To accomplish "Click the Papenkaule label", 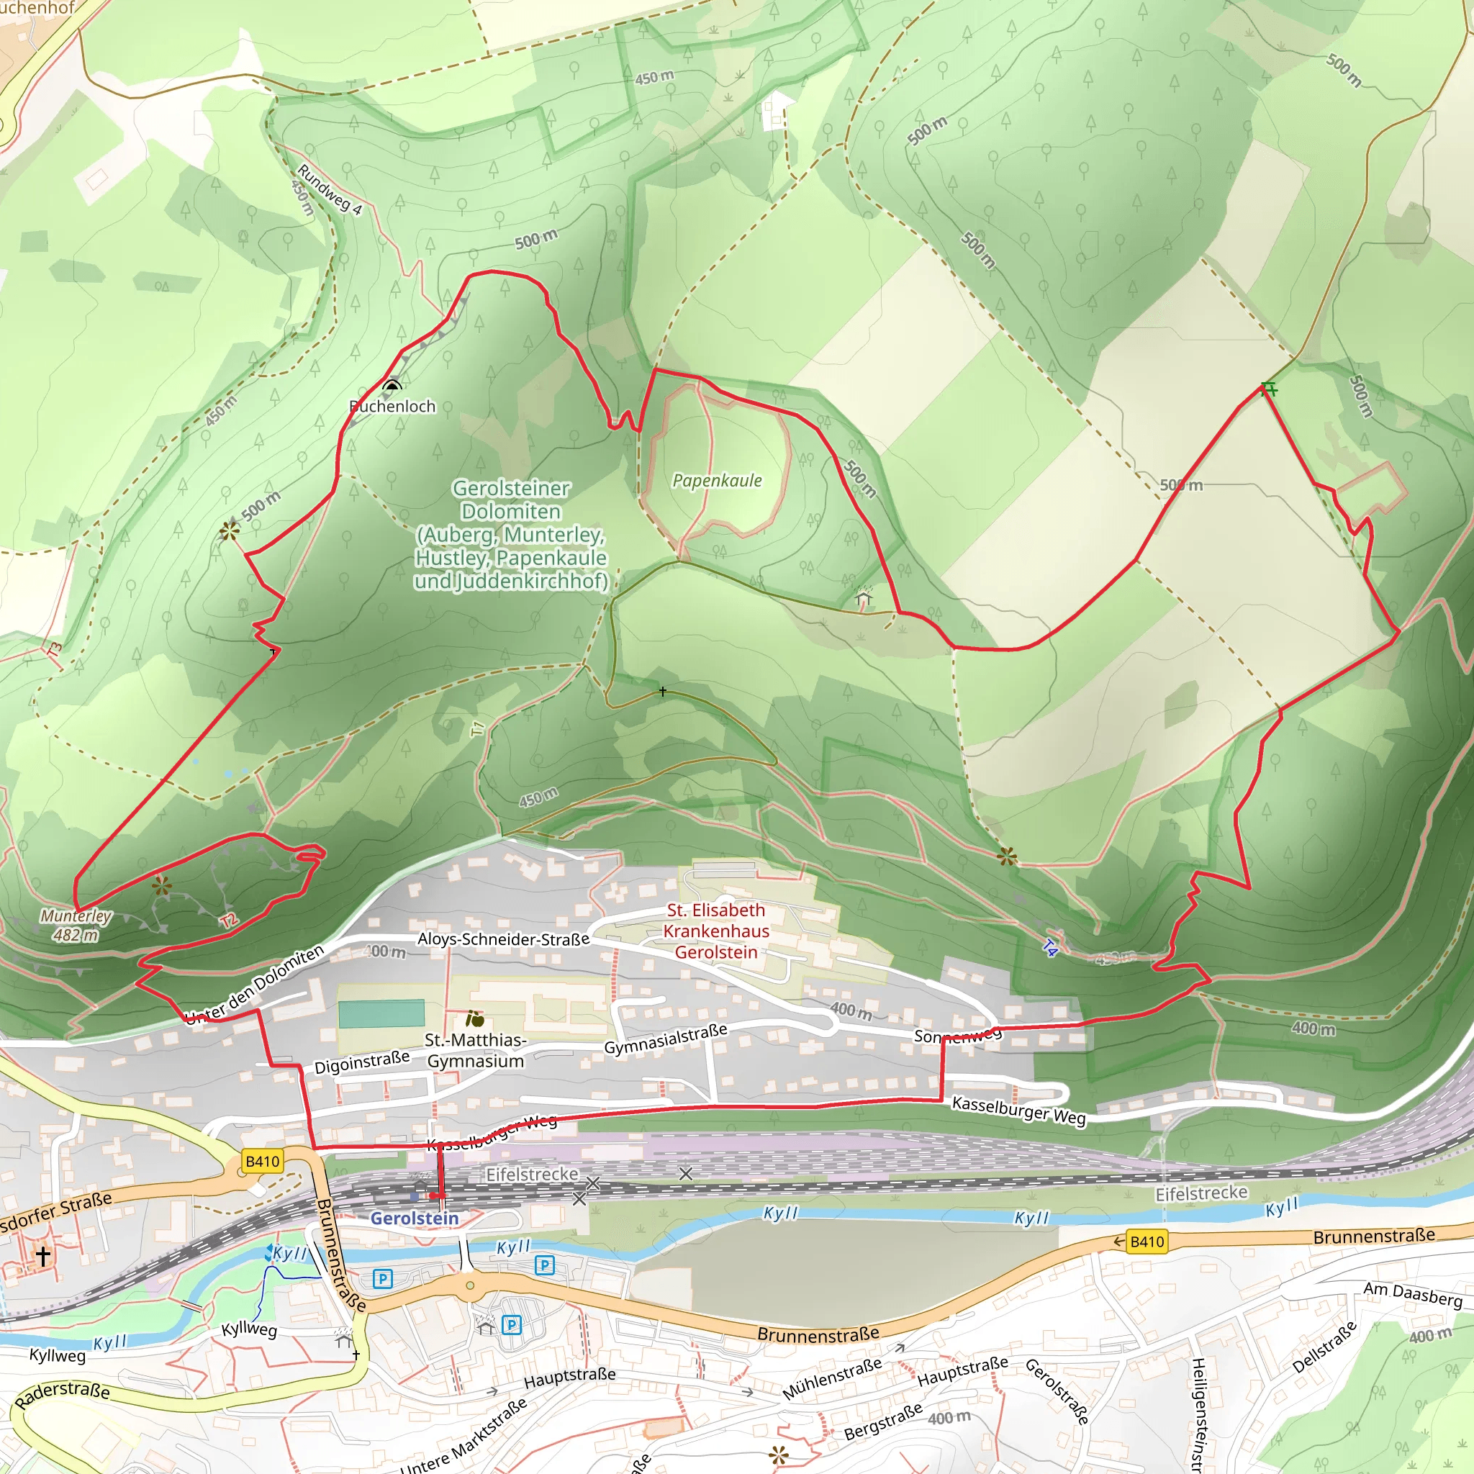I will (x=716, y=481).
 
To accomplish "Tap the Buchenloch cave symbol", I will (x=392, y=385).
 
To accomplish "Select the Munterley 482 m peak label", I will (x=76, y=926).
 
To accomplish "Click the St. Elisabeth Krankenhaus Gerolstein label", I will (x=715, y=931).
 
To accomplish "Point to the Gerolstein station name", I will (x=415, y=1218).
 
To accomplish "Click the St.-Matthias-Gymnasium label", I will (x=475, y=1051).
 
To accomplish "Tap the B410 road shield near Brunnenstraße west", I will (x=263, y=1161).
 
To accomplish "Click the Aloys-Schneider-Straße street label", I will (x=503, y=939).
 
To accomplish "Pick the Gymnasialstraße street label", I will (x=665, y=1039).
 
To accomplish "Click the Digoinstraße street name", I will (x=361, y=1062).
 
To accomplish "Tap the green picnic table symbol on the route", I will (x=1269, y=389).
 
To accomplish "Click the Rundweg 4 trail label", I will (x=329, y=189).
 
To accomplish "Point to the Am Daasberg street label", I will (x=1412, y=1295).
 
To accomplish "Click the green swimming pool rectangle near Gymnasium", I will (x=381, y=1014).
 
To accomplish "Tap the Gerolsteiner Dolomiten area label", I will (x=510, y=534).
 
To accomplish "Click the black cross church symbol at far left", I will (x=43, y=1255).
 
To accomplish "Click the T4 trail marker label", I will (x=1050, y=949).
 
